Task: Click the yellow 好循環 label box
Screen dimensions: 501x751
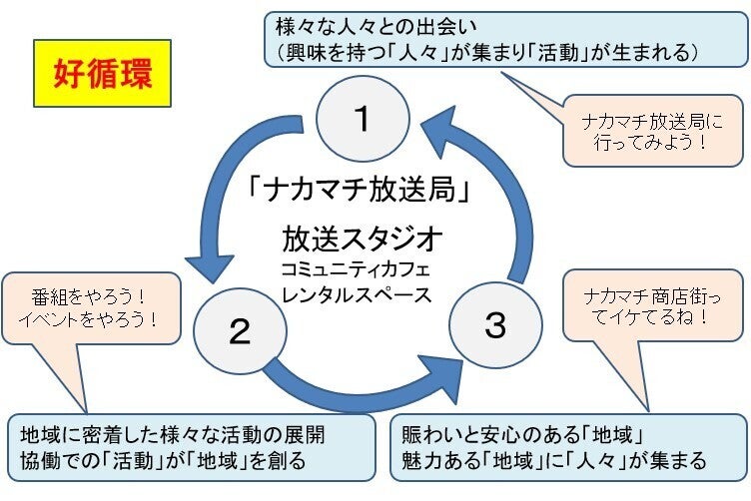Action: click(97, 73)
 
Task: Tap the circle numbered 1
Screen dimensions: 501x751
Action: click(363, 119)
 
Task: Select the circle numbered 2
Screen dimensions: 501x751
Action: click(239, 331)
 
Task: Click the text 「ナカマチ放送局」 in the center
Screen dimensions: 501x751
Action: click(362, 188)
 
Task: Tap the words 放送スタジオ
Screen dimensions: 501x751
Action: click(362, 240)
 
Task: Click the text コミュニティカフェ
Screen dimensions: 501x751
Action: click(362, 269)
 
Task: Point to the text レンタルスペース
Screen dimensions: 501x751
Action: click(362, 294)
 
